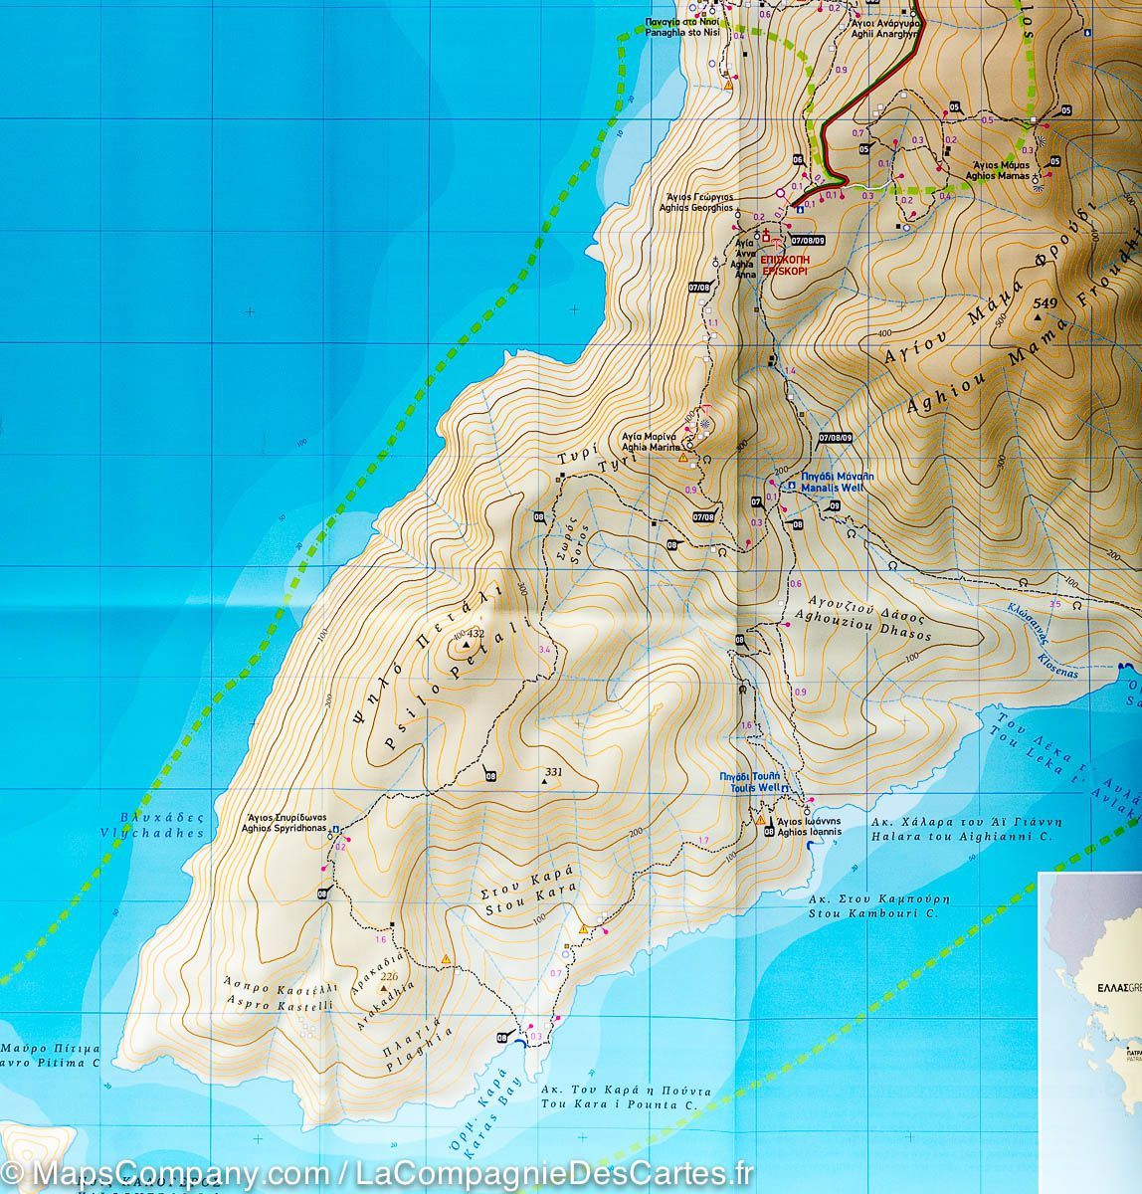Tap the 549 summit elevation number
tap(1045, 303)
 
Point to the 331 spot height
tap(554, 772)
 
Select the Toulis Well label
tap(755, 781)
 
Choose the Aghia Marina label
tap(648, 443)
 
